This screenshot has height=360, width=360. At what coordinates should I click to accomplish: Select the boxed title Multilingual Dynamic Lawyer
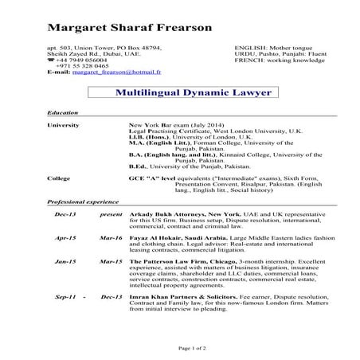click(193, 93)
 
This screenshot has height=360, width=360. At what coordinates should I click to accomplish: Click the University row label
click(64, 127)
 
